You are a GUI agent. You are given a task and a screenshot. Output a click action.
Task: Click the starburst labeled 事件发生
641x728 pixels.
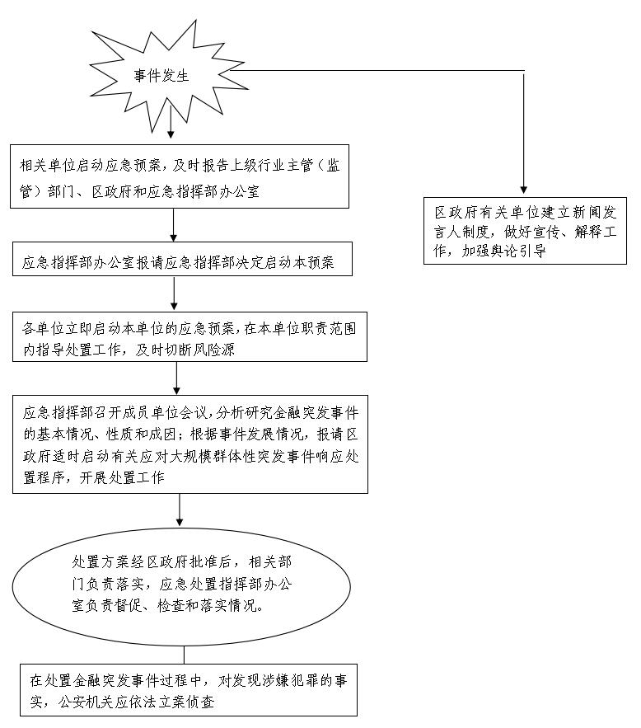pos(162,77)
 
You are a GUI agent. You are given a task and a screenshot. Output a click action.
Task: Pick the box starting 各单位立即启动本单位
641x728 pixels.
pos(189,336)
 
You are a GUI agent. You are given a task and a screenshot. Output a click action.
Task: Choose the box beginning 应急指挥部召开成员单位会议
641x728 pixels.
pos(189,444)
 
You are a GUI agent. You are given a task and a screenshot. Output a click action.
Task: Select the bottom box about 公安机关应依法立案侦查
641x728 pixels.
pos(189,691)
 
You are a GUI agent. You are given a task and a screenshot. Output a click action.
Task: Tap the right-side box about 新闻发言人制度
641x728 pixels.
pos(524,231)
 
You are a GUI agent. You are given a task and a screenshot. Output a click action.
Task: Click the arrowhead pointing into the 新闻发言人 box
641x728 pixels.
pos(524,190)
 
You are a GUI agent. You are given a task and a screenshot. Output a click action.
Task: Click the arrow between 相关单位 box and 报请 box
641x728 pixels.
pos(174,226)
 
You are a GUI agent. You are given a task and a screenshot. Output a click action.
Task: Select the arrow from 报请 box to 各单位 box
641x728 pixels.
pos(174,294)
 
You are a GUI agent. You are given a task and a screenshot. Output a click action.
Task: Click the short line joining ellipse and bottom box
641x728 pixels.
pos(183,654)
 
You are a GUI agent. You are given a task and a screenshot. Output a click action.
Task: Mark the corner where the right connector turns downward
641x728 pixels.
pos(524,71)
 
